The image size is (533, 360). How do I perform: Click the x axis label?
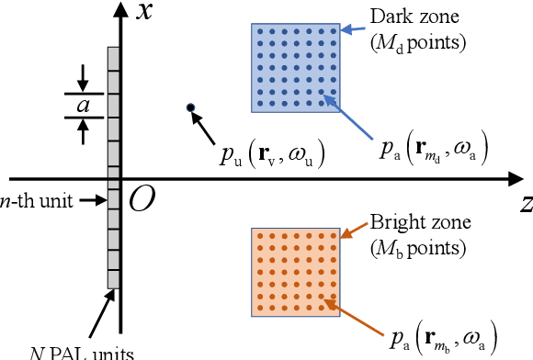coord(143,13)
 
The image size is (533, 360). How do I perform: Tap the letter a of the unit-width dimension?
coord(83,106)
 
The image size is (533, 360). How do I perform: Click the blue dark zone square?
coord(295,67)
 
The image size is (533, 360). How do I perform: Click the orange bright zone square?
coord(295,273)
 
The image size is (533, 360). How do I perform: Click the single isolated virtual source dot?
coord(190,107)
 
